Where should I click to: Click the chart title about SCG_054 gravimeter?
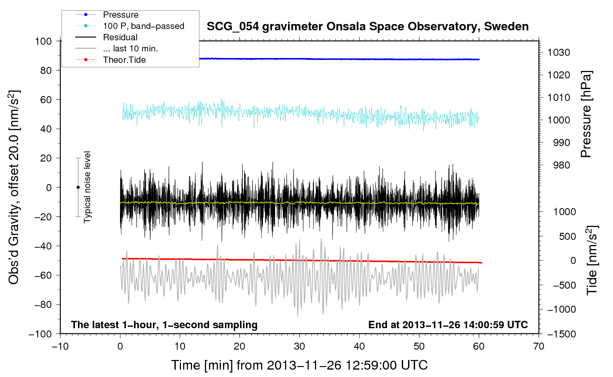tap(367, 27)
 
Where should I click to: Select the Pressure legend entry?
tap(120, 15)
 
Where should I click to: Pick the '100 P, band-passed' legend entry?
tap(143, 26)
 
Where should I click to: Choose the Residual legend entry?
tap(120, 37)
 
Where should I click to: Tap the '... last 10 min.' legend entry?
tap(130, 48)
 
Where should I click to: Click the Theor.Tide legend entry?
tap(124, 60)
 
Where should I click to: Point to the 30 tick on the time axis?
tap(299, 346)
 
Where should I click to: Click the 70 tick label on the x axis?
tap(539, 346)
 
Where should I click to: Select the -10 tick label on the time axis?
tap(60, 346)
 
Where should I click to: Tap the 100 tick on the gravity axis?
tap(43, 41)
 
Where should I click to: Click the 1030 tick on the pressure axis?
tap(559, 52)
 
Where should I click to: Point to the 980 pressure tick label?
tap(561, 165)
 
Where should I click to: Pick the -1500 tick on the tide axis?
tap(562, 334)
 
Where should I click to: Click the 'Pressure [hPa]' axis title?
tap(586, 115)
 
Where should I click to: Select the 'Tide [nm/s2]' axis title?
tap(592, 261)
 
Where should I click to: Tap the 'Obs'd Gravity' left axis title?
tap(14, 187)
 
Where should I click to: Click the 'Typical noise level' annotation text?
tap(87, 187)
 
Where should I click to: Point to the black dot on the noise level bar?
tap(78, 187)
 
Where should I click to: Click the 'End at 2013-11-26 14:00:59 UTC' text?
tap(448, 325)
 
